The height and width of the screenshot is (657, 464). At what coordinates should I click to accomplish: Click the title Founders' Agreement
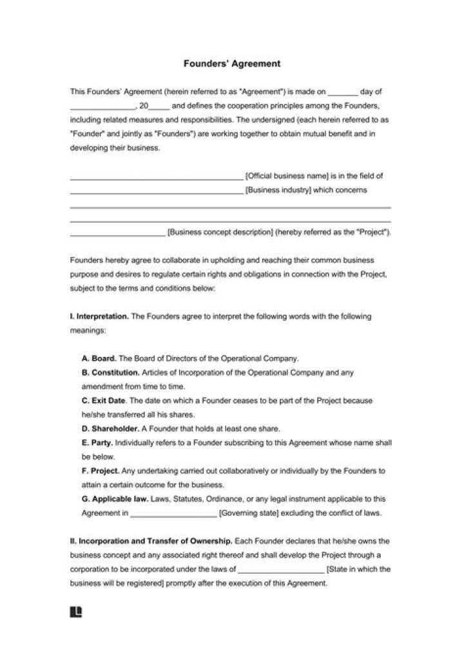(x=232, y=64)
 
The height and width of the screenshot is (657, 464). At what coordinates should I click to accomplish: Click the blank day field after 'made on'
(x=342, y=92)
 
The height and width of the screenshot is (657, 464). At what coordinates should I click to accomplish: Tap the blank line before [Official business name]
(x=155, y=176)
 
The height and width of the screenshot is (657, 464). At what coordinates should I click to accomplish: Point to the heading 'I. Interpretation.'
(x=99, y=317)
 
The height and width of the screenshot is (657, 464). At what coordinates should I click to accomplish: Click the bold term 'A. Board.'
(x=99, y=358)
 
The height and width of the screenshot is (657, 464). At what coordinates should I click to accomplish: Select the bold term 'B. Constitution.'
(x=110, y=372)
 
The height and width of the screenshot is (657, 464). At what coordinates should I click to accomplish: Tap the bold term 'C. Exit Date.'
(x=105, y=401)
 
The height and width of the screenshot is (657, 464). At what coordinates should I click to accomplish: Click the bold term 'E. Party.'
(x=97, y=443)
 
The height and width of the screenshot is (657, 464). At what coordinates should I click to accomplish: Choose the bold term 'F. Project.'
(x=101, y=471)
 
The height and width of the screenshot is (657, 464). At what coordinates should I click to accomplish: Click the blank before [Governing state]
(x=173, y=514)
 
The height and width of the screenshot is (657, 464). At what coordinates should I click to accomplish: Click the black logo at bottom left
(x=75, y=611)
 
